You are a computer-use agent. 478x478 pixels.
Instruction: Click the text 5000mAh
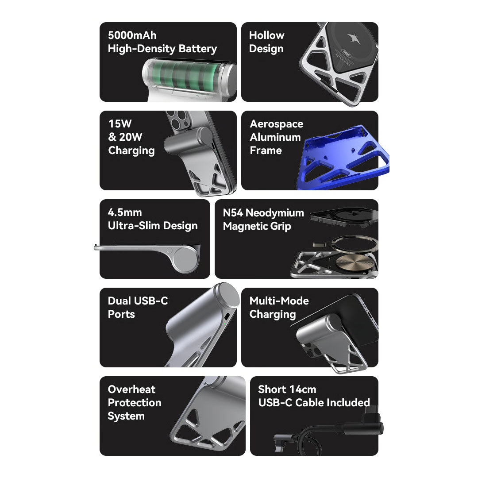tap(132, 35)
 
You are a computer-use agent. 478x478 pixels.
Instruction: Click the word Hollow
tap(267, 35)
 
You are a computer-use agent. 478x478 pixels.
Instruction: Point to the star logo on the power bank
tap(354, 39)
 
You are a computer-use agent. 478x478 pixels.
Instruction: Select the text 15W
tap(120, 124)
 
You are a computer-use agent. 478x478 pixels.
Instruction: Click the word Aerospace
tap(277, 124)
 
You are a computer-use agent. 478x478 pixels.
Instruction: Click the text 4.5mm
tap(125, 212)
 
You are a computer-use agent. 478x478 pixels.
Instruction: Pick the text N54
tap(233, 212)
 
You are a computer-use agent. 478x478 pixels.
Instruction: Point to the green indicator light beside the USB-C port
tap(225, 324)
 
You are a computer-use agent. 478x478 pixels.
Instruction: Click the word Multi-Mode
tap(279, 301)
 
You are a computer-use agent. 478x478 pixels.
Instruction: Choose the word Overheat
tap(131, 389)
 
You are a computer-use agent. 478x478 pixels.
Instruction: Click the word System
tap(126, 416)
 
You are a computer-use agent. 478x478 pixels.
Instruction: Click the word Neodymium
tap(275, 213)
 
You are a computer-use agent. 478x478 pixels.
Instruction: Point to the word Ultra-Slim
tap(134, 226)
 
